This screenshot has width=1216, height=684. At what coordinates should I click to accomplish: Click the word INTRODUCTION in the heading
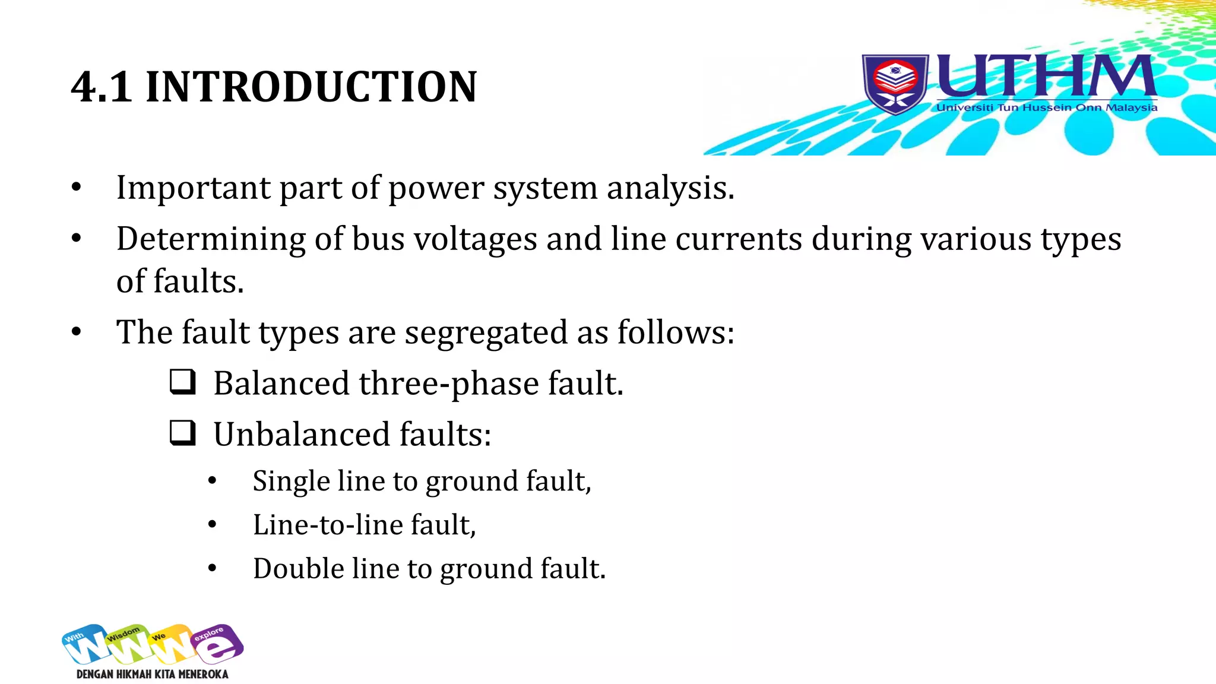pyautogui.click(x=311, y=87)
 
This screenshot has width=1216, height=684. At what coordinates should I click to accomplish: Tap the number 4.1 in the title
pyautogui.click(x=101, y=87)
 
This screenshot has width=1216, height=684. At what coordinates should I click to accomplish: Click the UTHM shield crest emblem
pyautogui.click(x=895, y=84)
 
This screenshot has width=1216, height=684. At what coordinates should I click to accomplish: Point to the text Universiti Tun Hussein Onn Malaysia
pyautogui.click(x=1047, y=107)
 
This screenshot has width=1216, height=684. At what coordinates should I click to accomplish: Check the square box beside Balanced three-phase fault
pyautogui.click(x=182, y=382)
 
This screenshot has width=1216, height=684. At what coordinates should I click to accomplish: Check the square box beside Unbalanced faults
pyautogui.click(x=182, y=433)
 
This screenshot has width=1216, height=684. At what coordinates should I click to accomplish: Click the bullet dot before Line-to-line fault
pyautogui.click(x=213, y=524)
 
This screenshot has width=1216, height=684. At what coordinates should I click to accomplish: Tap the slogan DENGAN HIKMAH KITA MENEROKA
pyautogui.click(x=153, y=674)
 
